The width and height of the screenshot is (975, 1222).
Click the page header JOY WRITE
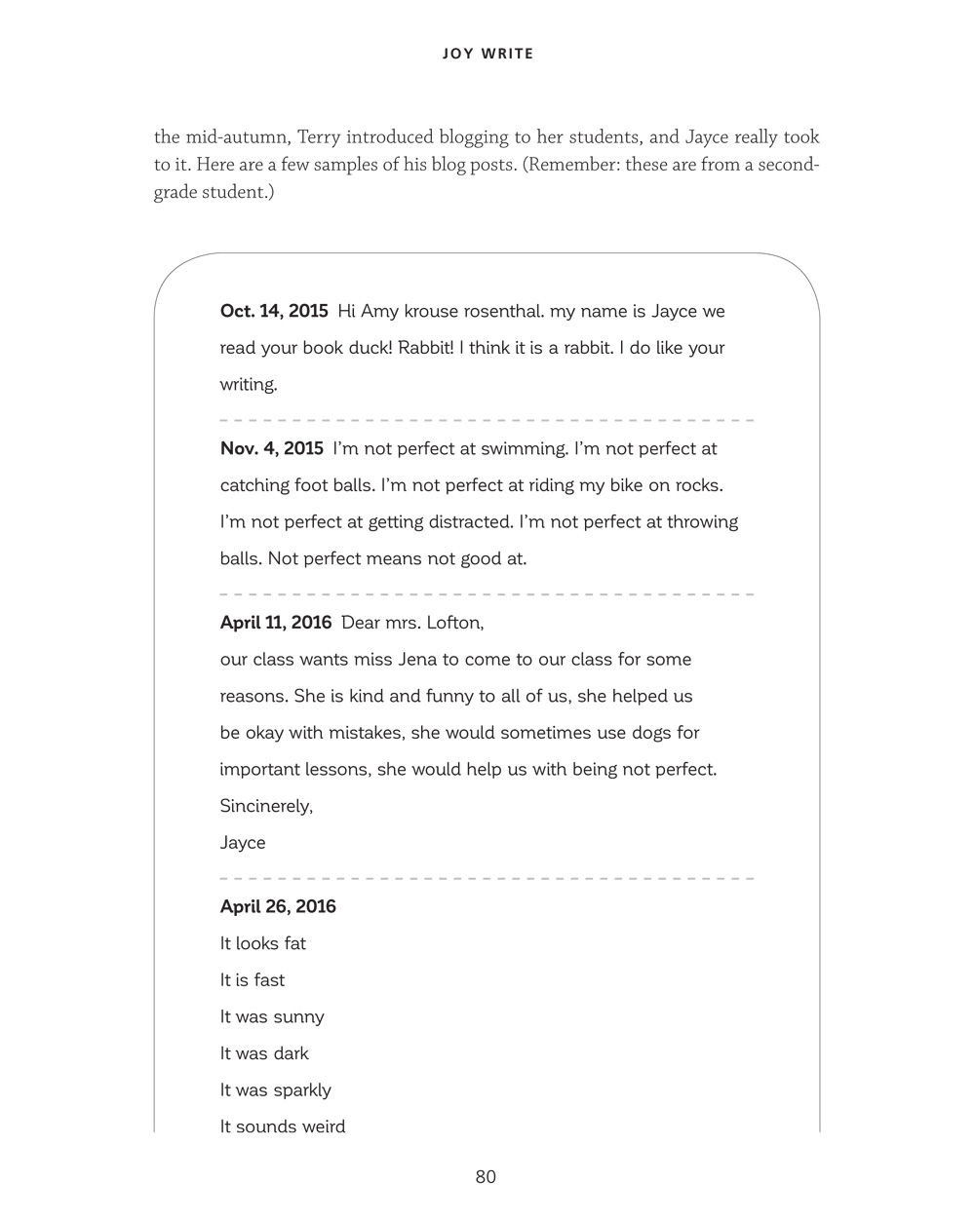(487, 54)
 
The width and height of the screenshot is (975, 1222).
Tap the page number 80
(486, 1176)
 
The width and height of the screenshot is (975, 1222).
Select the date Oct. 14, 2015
(274, 312)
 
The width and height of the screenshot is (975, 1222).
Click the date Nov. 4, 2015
(272, 449)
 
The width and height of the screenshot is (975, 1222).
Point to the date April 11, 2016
(276, 623)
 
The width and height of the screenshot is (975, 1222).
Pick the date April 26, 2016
(278, 907)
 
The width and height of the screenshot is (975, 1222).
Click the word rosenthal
(494, 312)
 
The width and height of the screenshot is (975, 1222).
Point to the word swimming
(520, 449)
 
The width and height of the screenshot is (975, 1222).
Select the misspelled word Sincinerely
(266, 807)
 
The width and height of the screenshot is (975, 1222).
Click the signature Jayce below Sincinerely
(243, 843)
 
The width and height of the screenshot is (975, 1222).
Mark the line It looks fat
(263, 943)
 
